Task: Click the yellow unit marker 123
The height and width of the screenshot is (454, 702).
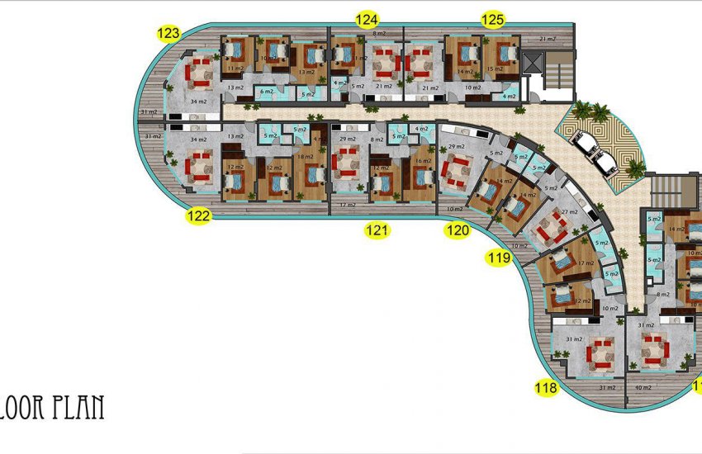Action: coord(168,34)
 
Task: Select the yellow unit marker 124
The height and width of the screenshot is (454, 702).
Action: coord(367,18)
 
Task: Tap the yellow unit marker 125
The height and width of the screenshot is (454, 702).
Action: coord(493,18)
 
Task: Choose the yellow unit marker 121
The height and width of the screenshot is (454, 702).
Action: coord(377,230)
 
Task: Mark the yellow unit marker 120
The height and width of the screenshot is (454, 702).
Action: coord(457,230)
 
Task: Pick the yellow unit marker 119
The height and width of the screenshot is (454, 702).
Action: coord(499,258)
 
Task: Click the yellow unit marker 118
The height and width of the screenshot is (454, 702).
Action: coord(546,387)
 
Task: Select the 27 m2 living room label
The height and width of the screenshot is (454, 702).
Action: coord(570,213)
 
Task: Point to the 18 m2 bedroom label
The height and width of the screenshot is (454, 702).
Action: coord(304,156)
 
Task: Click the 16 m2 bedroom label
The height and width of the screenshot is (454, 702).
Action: coord(423,161)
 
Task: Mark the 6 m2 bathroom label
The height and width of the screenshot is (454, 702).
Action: coord(267,92)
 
